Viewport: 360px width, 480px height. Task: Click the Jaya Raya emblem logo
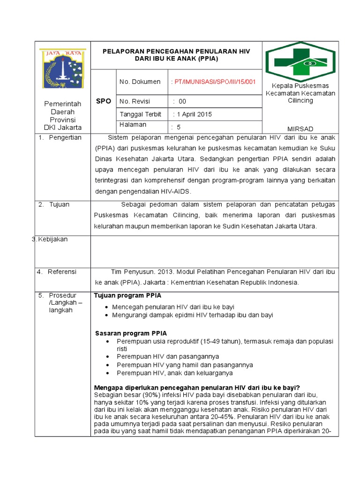point(63,69)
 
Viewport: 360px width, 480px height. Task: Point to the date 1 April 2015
point(193,114)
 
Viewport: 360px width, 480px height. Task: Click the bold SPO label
point(103,101)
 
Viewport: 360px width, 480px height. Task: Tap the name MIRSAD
point(300,129)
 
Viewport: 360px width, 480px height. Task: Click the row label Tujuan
point(60,204)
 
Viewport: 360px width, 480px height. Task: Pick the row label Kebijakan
point(50,239)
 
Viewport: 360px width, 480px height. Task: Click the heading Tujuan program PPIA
point(128,296)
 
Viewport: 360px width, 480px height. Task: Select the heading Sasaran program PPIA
point(131,333)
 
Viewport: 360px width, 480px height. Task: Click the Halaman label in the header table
point(133,125)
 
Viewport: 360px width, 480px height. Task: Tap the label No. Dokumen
point(140,82)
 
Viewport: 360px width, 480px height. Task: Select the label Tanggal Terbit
point(140,114)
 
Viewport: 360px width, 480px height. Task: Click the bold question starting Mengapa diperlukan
point(197,388)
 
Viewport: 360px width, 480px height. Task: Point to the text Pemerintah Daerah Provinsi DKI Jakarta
point(63,115)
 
